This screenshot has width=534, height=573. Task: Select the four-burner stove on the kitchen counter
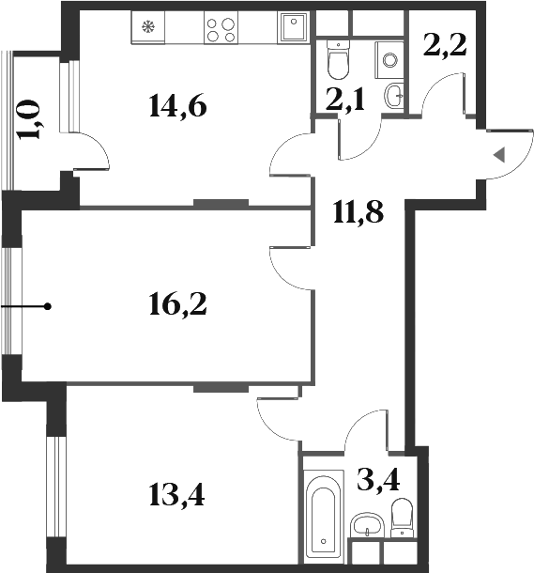point(221,30)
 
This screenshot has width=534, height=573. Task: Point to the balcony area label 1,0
point(32,119)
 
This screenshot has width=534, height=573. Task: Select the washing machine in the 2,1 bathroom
point(389,59)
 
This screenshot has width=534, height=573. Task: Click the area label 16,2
point(177,303)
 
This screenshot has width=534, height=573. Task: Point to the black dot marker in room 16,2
point(47,306)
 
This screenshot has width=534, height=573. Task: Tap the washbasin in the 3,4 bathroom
point(365,524)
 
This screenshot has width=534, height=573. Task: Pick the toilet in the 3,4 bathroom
point(402,518)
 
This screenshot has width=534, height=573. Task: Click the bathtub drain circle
point(323,543)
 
